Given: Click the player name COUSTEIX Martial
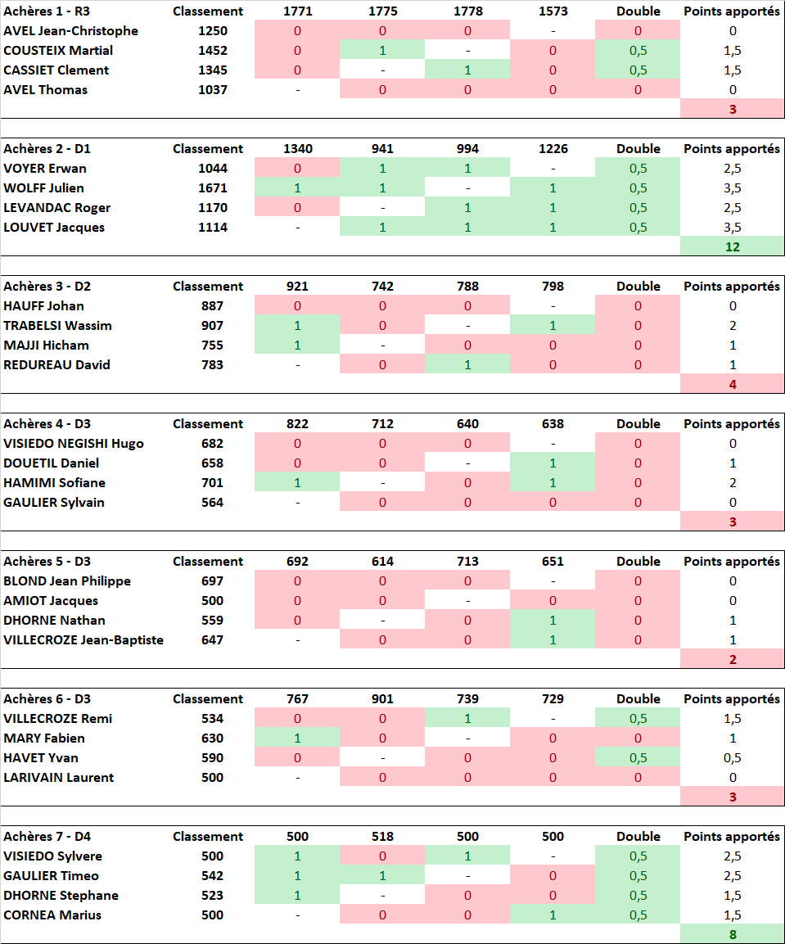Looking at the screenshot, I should (58, 51).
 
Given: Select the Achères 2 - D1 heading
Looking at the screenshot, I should (47, 149).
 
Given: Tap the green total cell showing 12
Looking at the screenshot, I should (732, 246).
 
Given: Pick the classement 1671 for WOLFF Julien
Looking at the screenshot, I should (212, 188).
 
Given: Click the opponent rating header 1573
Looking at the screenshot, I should (553, 11).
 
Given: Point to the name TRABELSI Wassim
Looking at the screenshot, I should (57, 326).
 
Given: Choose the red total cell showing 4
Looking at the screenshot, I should (732, 384).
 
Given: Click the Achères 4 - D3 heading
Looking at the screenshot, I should (47, 424).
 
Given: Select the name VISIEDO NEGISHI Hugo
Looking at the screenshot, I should (74, 444).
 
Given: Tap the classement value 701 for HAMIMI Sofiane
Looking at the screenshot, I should (212, 483).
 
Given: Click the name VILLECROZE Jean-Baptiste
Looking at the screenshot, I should (83, 640).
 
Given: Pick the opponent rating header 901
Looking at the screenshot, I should (382, 699).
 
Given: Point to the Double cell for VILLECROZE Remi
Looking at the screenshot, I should (638, 719).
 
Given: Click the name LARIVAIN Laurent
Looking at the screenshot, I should (59, 778).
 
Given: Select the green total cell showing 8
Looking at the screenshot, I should (732, 934).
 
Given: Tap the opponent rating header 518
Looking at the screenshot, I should (382, 837).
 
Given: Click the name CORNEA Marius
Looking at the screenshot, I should (52, 915).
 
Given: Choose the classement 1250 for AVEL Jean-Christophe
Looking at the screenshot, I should (212, 31).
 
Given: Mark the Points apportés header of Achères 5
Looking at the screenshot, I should (732, 562).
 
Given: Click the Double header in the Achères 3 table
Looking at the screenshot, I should (638, 287).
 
